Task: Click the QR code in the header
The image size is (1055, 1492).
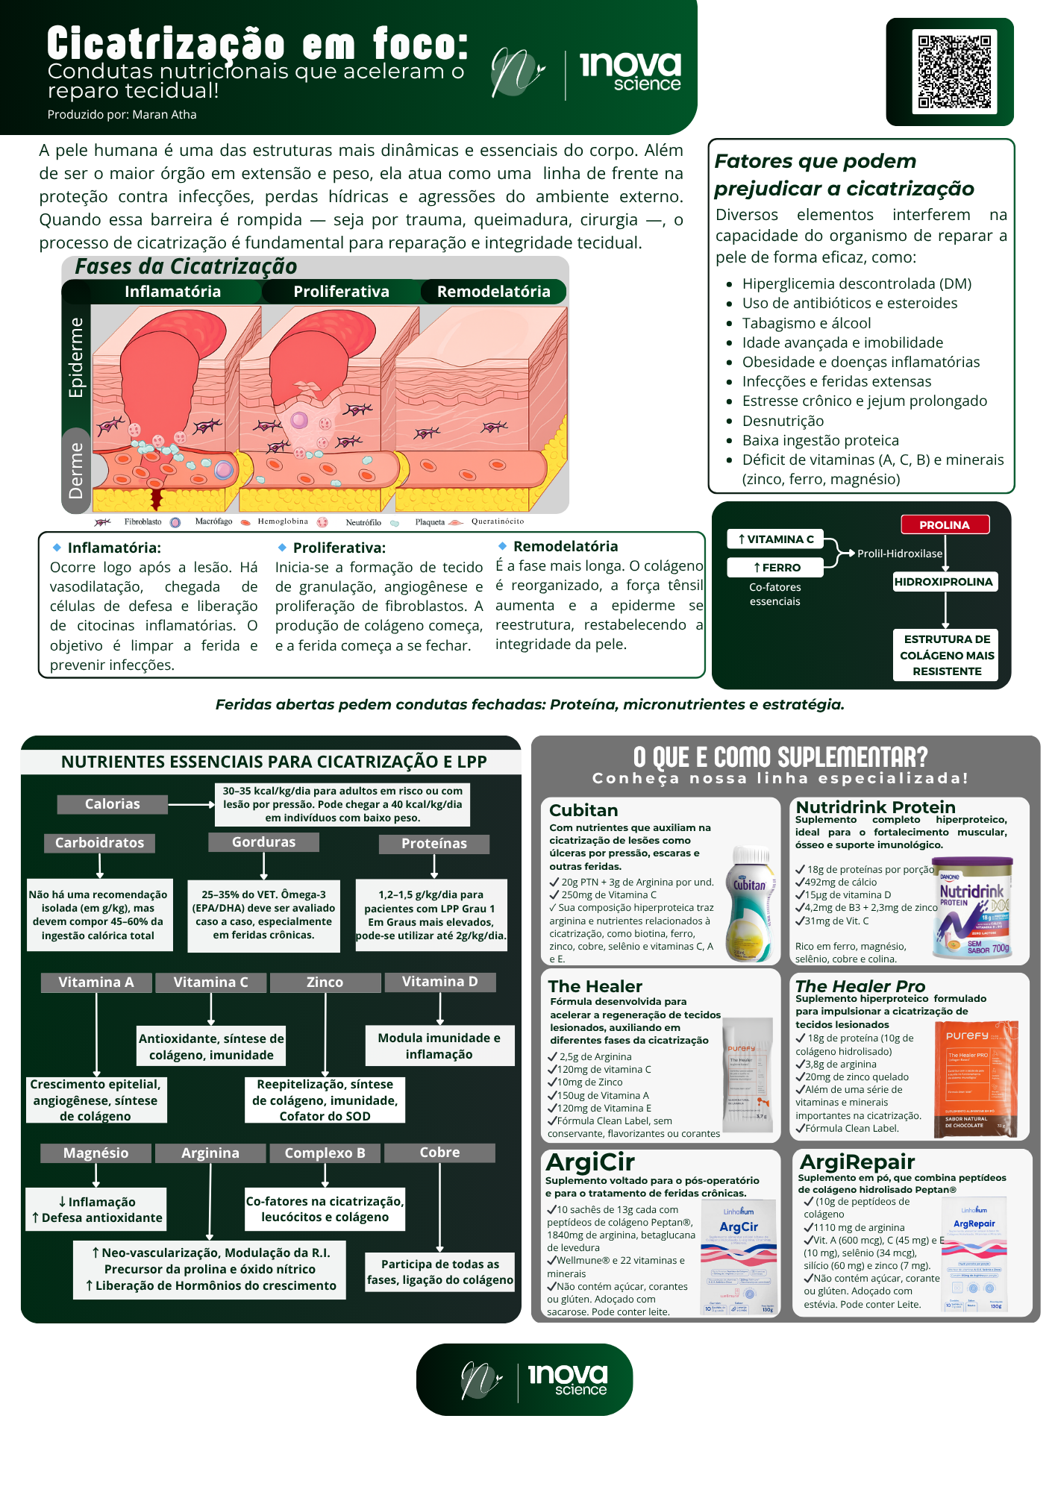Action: [x=954, y=72]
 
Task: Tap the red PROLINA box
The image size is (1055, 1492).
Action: [x=945, y=525]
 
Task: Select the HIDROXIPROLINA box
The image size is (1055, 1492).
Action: [x=944, y=582]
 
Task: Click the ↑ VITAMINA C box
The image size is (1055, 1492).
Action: [x=775, y=539]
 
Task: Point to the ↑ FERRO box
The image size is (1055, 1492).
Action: [x=775, y=568]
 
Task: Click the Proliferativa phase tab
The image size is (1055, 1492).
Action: [x=341, y=292]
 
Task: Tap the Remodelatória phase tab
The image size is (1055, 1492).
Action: [x=493, y=292]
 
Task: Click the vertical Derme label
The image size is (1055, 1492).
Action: [x=76, y=470]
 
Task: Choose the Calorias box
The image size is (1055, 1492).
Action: [x=112, y=804]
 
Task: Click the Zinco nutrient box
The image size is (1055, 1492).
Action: [x=325, y=982]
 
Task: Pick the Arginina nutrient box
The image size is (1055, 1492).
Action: [x=210, y=1153]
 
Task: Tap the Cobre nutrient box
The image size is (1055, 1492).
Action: [x=439, y=1153]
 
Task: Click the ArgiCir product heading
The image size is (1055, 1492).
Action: [x=590, y=1162]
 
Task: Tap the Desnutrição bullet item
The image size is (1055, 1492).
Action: [x=783, y=421]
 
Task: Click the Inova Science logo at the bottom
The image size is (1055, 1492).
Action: [x=525, y=1380]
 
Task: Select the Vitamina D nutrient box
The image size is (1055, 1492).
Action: [x=439, y=982]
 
